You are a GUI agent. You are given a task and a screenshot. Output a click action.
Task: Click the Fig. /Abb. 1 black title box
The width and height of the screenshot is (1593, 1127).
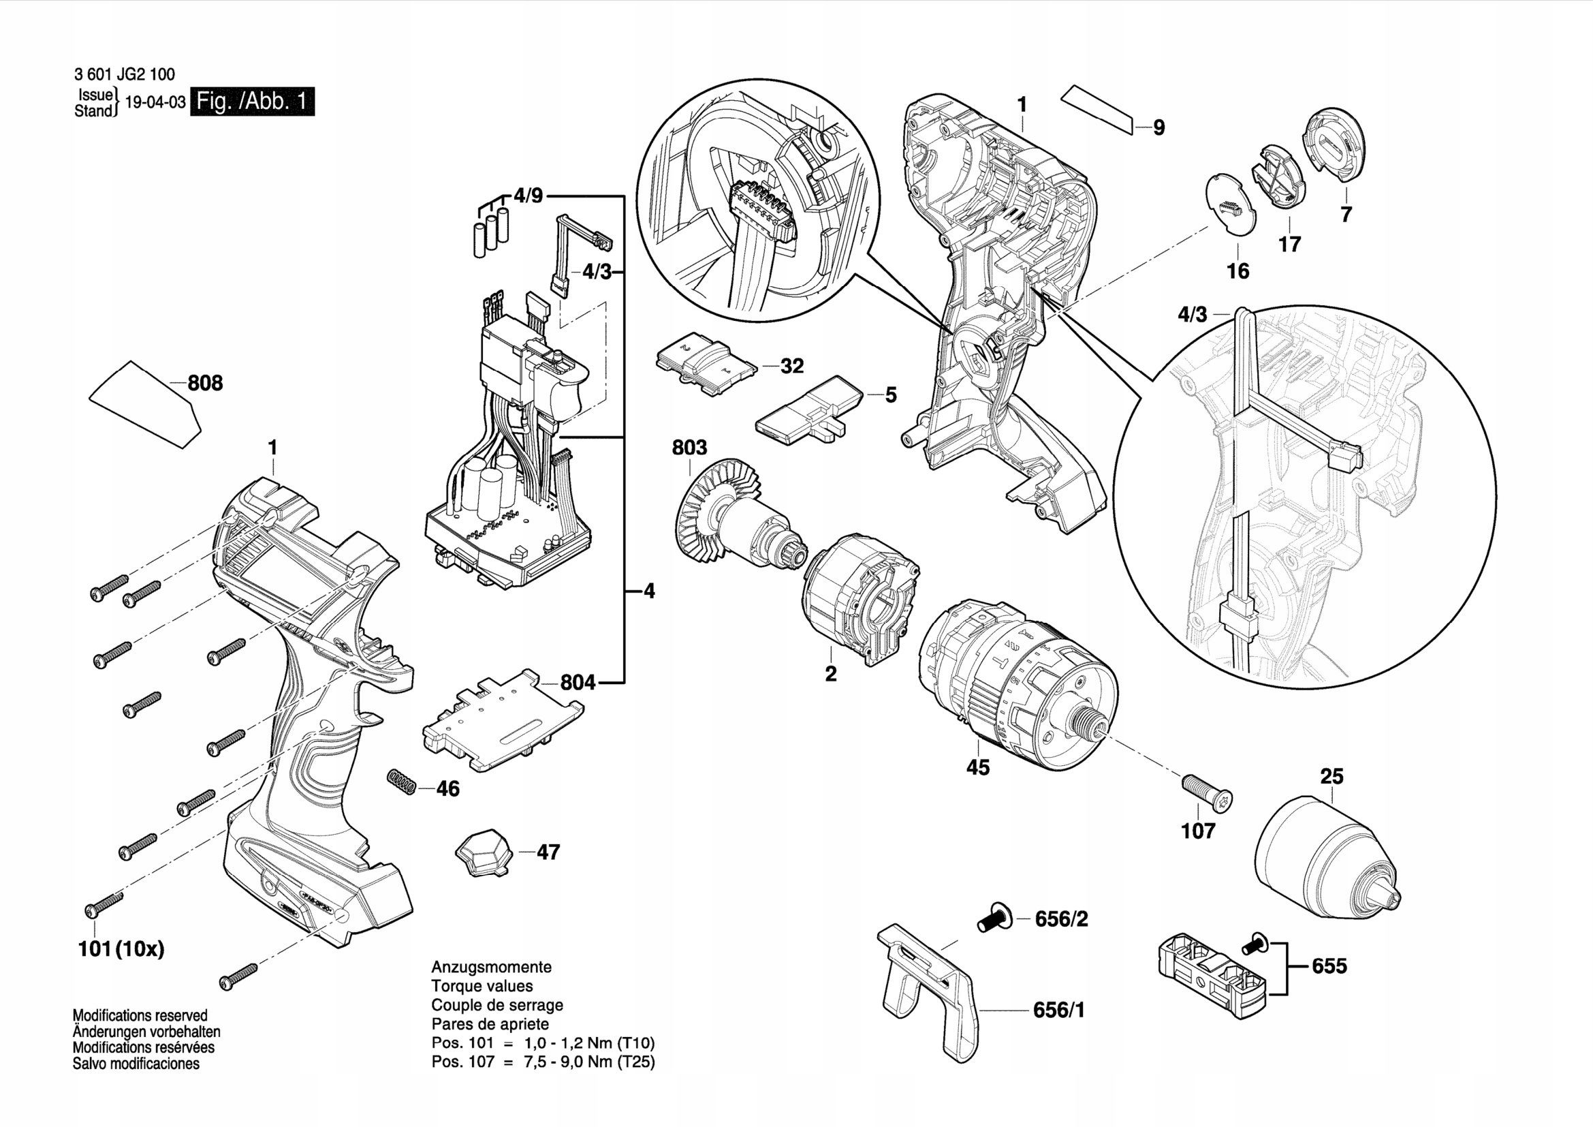coord(252,102)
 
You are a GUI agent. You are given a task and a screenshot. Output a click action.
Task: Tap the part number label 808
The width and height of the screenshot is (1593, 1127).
coord(206,383)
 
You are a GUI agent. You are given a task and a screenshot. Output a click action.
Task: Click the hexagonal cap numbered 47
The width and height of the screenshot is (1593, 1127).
coord(484,855)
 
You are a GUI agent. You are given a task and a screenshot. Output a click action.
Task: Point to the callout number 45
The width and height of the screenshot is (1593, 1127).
coord(978,768)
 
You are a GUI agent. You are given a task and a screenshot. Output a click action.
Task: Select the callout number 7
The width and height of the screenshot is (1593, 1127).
coord(1346,215)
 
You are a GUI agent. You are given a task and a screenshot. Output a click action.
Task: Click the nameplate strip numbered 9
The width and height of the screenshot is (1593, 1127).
coord(1099,109)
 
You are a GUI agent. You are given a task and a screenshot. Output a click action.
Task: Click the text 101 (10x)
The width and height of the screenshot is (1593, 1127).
coord(121,949)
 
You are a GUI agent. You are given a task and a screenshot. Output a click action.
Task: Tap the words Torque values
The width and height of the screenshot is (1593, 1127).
coord(482,986)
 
